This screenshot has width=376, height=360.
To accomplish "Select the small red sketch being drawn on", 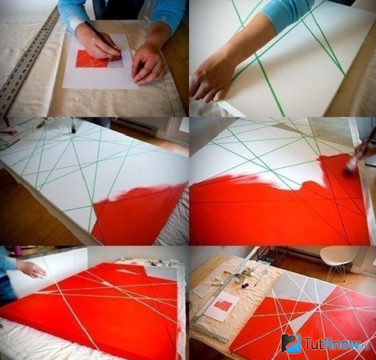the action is click(99, 59).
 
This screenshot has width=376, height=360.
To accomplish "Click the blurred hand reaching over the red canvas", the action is click(31, 269).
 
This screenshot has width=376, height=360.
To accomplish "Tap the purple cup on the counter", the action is click(17, 249).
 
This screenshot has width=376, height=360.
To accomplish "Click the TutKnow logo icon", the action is click(292, 343).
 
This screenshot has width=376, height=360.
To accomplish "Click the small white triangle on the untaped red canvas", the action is click(124, 271).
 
